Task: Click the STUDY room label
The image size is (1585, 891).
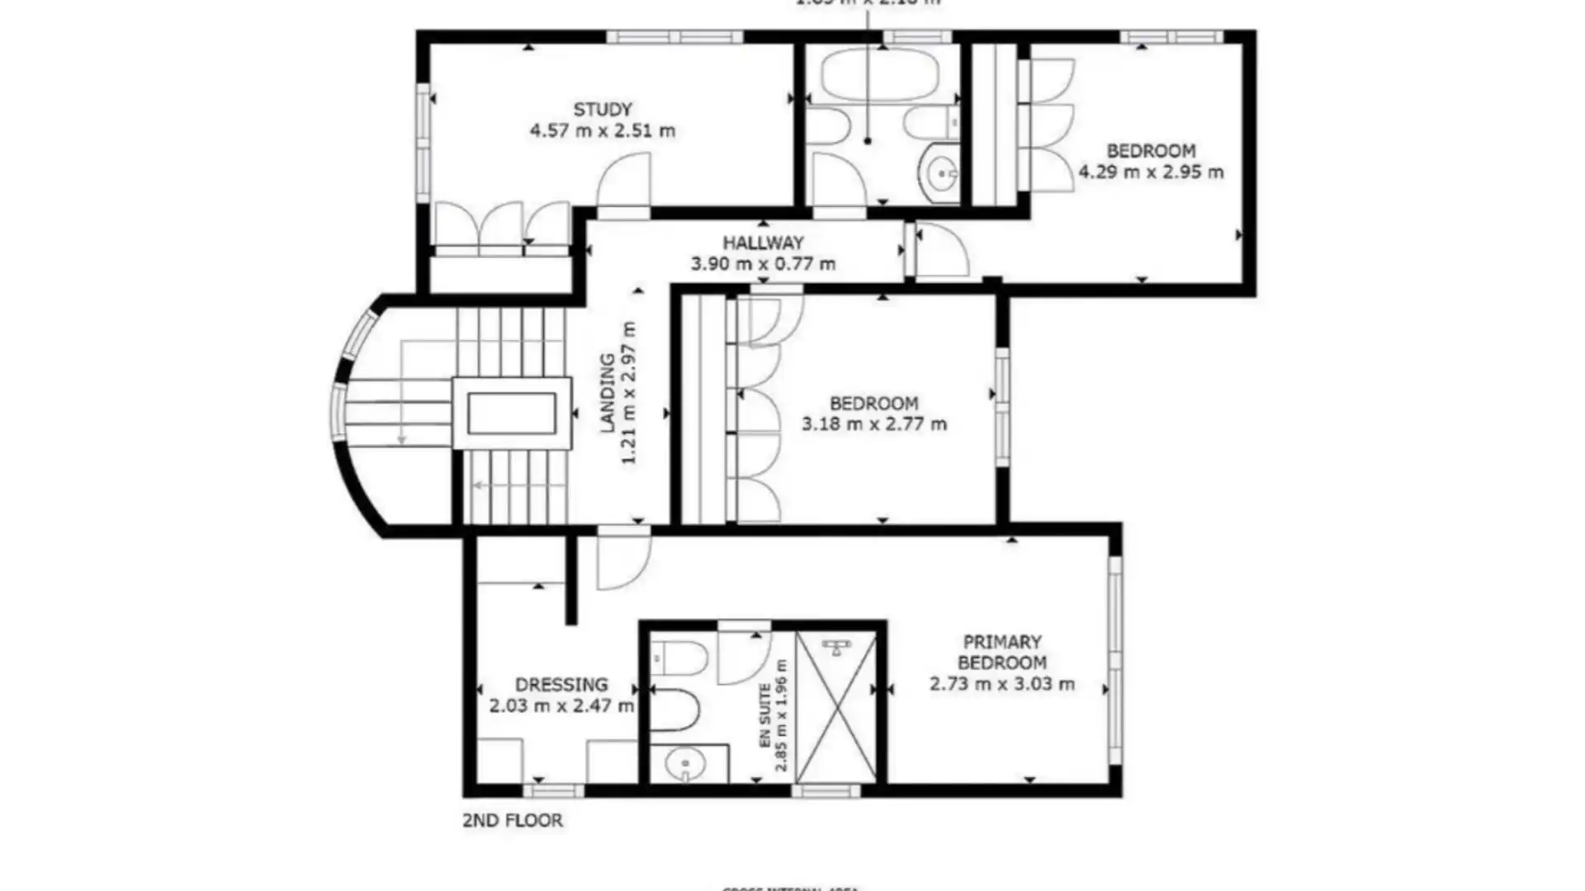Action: coord(603,109)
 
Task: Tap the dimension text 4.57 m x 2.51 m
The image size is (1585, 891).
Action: coord(603,130)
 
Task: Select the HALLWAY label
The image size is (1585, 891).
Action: coord(763,243)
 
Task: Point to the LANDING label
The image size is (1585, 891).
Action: coord(608,393)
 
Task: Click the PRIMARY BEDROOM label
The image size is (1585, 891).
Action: coord(1002,652)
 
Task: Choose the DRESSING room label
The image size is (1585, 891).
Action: coord(561,685)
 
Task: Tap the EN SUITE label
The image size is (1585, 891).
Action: coord(765,714)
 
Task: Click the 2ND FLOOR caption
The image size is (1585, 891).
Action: coord(513,820)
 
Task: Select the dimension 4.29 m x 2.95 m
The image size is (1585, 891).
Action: coord(1151,172)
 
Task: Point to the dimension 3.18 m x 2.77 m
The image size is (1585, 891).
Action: coord(874,424)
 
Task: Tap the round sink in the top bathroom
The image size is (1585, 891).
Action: coord(940,174)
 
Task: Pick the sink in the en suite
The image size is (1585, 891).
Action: coord(684,765)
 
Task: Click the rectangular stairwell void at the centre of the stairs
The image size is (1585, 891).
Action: coord(512,413)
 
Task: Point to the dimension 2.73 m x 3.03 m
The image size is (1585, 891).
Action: coord(1002,684)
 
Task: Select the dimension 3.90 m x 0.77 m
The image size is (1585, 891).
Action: coord(763,264)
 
